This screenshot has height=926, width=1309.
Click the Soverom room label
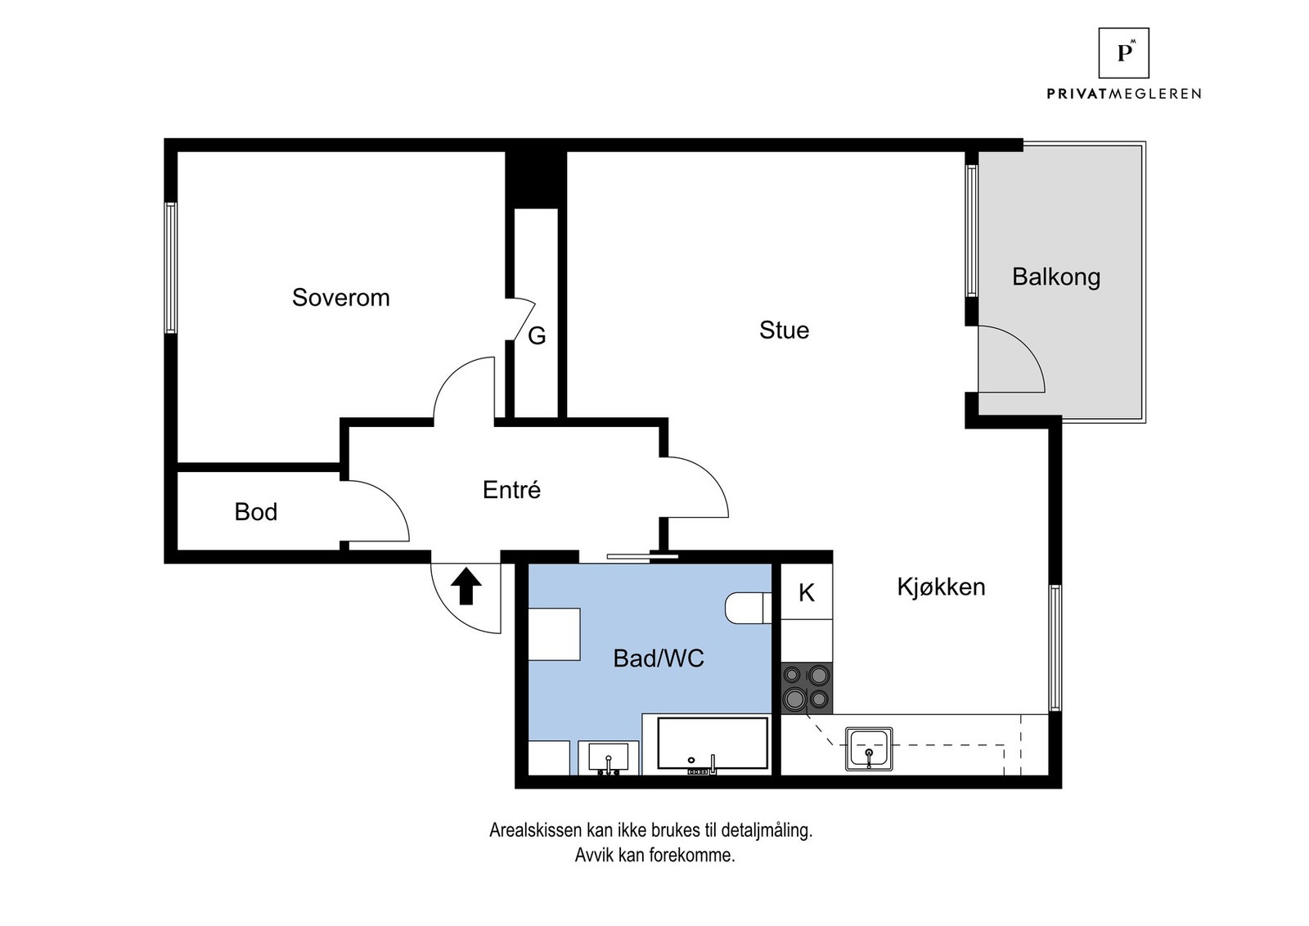[340, 297]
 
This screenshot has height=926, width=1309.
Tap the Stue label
[784, 330]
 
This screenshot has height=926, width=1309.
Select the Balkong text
[1055, 276]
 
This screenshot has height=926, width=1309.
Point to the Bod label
[255, 512]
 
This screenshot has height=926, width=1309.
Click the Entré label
[511, 490]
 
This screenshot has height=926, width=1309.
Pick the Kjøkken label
[941, 587]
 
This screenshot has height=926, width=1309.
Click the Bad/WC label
[658, 659]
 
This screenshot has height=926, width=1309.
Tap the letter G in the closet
[537, 336]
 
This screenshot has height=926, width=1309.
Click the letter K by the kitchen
[806, 593]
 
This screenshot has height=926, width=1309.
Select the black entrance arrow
[466, 586]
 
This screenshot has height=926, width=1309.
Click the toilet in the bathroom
[746, 608]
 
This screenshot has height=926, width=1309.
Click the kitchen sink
[869, 748]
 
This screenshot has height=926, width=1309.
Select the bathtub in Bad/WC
[713, 744]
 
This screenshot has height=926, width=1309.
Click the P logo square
[1123, 53]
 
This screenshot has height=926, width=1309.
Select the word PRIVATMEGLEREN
[1123, 94]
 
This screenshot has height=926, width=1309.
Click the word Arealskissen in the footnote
[535, 830]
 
